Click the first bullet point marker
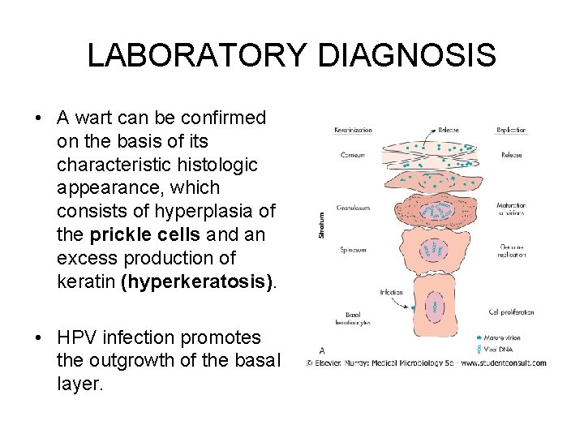39,118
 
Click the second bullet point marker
39,338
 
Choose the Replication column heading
512,131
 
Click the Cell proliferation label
512,311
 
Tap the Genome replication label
512,251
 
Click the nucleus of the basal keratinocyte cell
435,307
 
